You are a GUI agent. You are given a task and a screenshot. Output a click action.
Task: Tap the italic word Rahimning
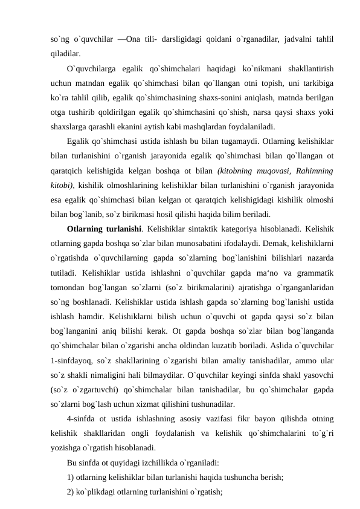pos(312,171)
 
